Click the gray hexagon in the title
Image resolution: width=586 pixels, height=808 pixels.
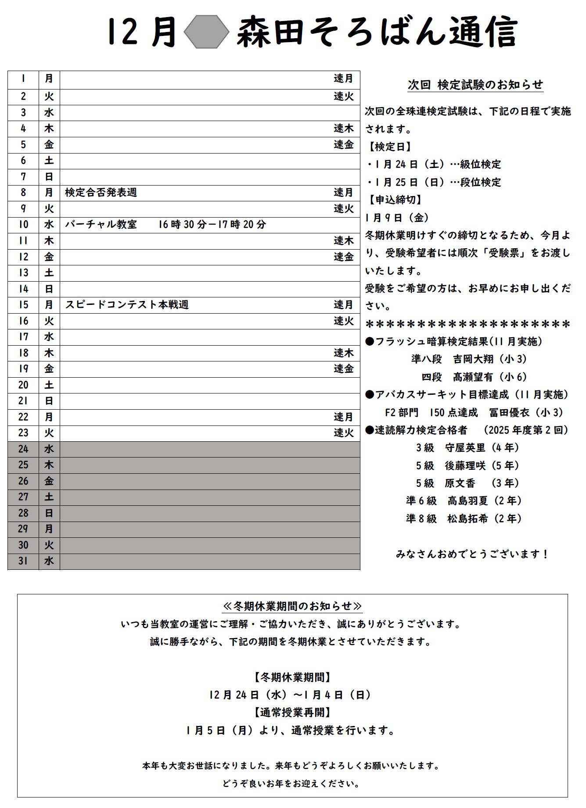(x=206, y=32)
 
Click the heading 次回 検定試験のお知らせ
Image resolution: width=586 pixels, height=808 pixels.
(x=475, y=85)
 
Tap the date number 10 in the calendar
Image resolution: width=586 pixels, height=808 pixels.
(x=23, y=225)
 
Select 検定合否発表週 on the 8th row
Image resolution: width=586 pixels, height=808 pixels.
(x=101, y=193)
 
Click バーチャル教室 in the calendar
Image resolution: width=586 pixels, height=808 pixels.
(x=101, y=225)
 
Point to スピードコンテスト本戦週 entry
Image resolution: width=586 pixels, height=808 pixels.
(x=127, y=305)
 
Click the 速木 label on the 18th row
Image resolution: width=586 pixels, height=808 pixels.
(x=343, y=353)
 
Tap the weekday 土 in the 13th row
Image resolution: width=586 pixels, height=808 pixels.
(x=49, y=273)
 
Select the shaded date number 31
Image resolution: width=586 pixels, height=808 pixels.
(x=23, y=561)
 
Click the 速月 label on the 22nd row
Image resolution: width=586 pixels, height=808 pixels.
(x=343, y=417)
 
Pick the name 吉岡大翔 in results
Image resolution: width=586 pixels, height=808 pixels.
(x=473, y=359)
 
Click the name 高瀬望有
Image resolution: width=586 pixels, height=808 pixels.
(x=473, y=377)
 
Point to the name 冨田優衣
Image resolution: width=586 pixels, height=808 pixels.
(x=509, y=413)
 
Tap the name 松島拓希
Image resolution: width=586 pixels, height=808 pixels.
(x=467, y=519)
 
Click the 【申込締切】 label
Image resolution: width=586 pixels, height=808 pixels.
(x=395, y=200)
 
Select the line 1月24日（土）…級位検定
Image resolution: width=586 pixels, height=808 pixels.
(x=435, y=164)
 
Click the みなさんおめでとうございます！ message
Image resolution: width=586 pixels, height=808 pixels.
(x=472, y=554)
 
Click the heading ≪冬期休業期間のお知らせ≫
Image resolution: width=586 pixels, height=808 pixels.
(x=292, y=606)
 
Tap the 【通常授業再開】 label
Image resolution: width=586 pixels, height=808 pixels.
(x=292, y=712)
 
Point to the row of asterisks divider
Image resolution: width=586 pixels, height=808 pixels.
(x=468, y=325)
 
